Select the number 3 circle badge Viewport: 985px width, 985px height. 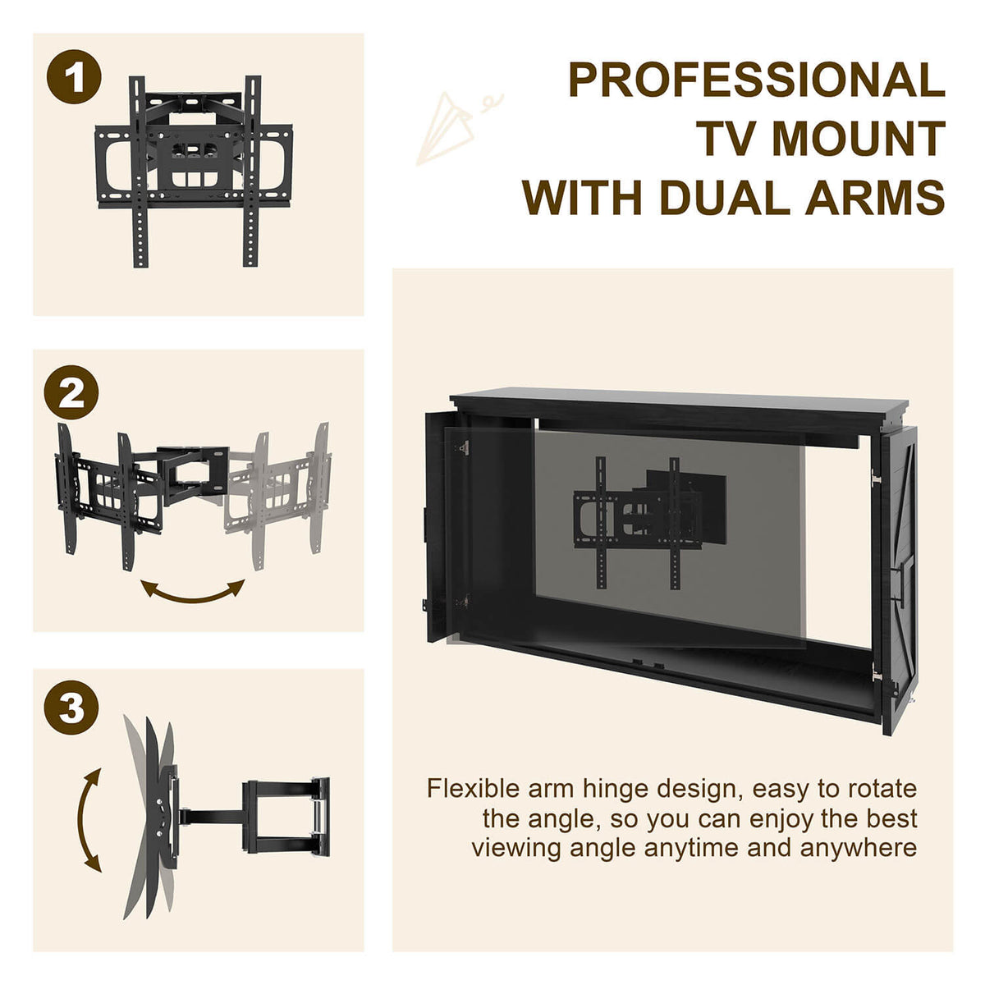pyautogui.click(x=72, y=708)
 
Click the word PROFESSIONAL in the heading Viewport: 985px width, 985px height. pyautogui.click(x=756, y=80)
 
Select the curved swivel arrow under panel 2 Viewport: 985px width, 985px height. pyautogui.click(x=193, y=591)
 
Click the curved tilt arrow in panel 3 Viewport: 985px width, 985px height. pyautogui.click(x=89, y=820)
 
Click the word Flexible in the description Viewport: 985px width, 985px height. pyautogui.click(x=473, y=789)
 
